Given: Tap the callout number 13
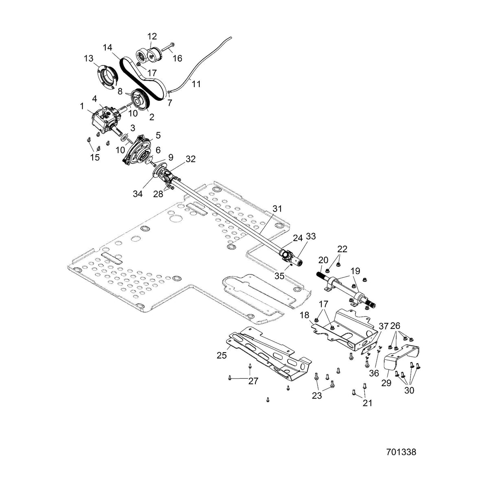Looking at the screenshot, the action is click(89, 59).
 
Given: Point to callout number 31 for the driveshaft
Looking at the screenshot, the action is click(277, 209).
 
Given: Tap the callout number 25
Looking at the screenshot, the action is click(222, 355).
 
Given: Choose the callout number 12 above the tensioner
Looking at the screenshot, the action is click(152, 36).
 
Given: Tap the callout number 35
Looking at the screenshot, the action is click(280, 276).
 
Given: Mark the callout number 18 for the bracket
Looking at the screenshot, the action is click(305, 315).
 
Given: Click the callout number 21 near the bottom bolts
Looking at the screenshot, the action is click(368, 403).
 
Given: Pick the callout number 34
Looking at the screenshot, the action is click(138, 194).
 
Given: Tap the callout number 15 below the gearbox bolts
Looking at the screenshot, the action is click(95, 157).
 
